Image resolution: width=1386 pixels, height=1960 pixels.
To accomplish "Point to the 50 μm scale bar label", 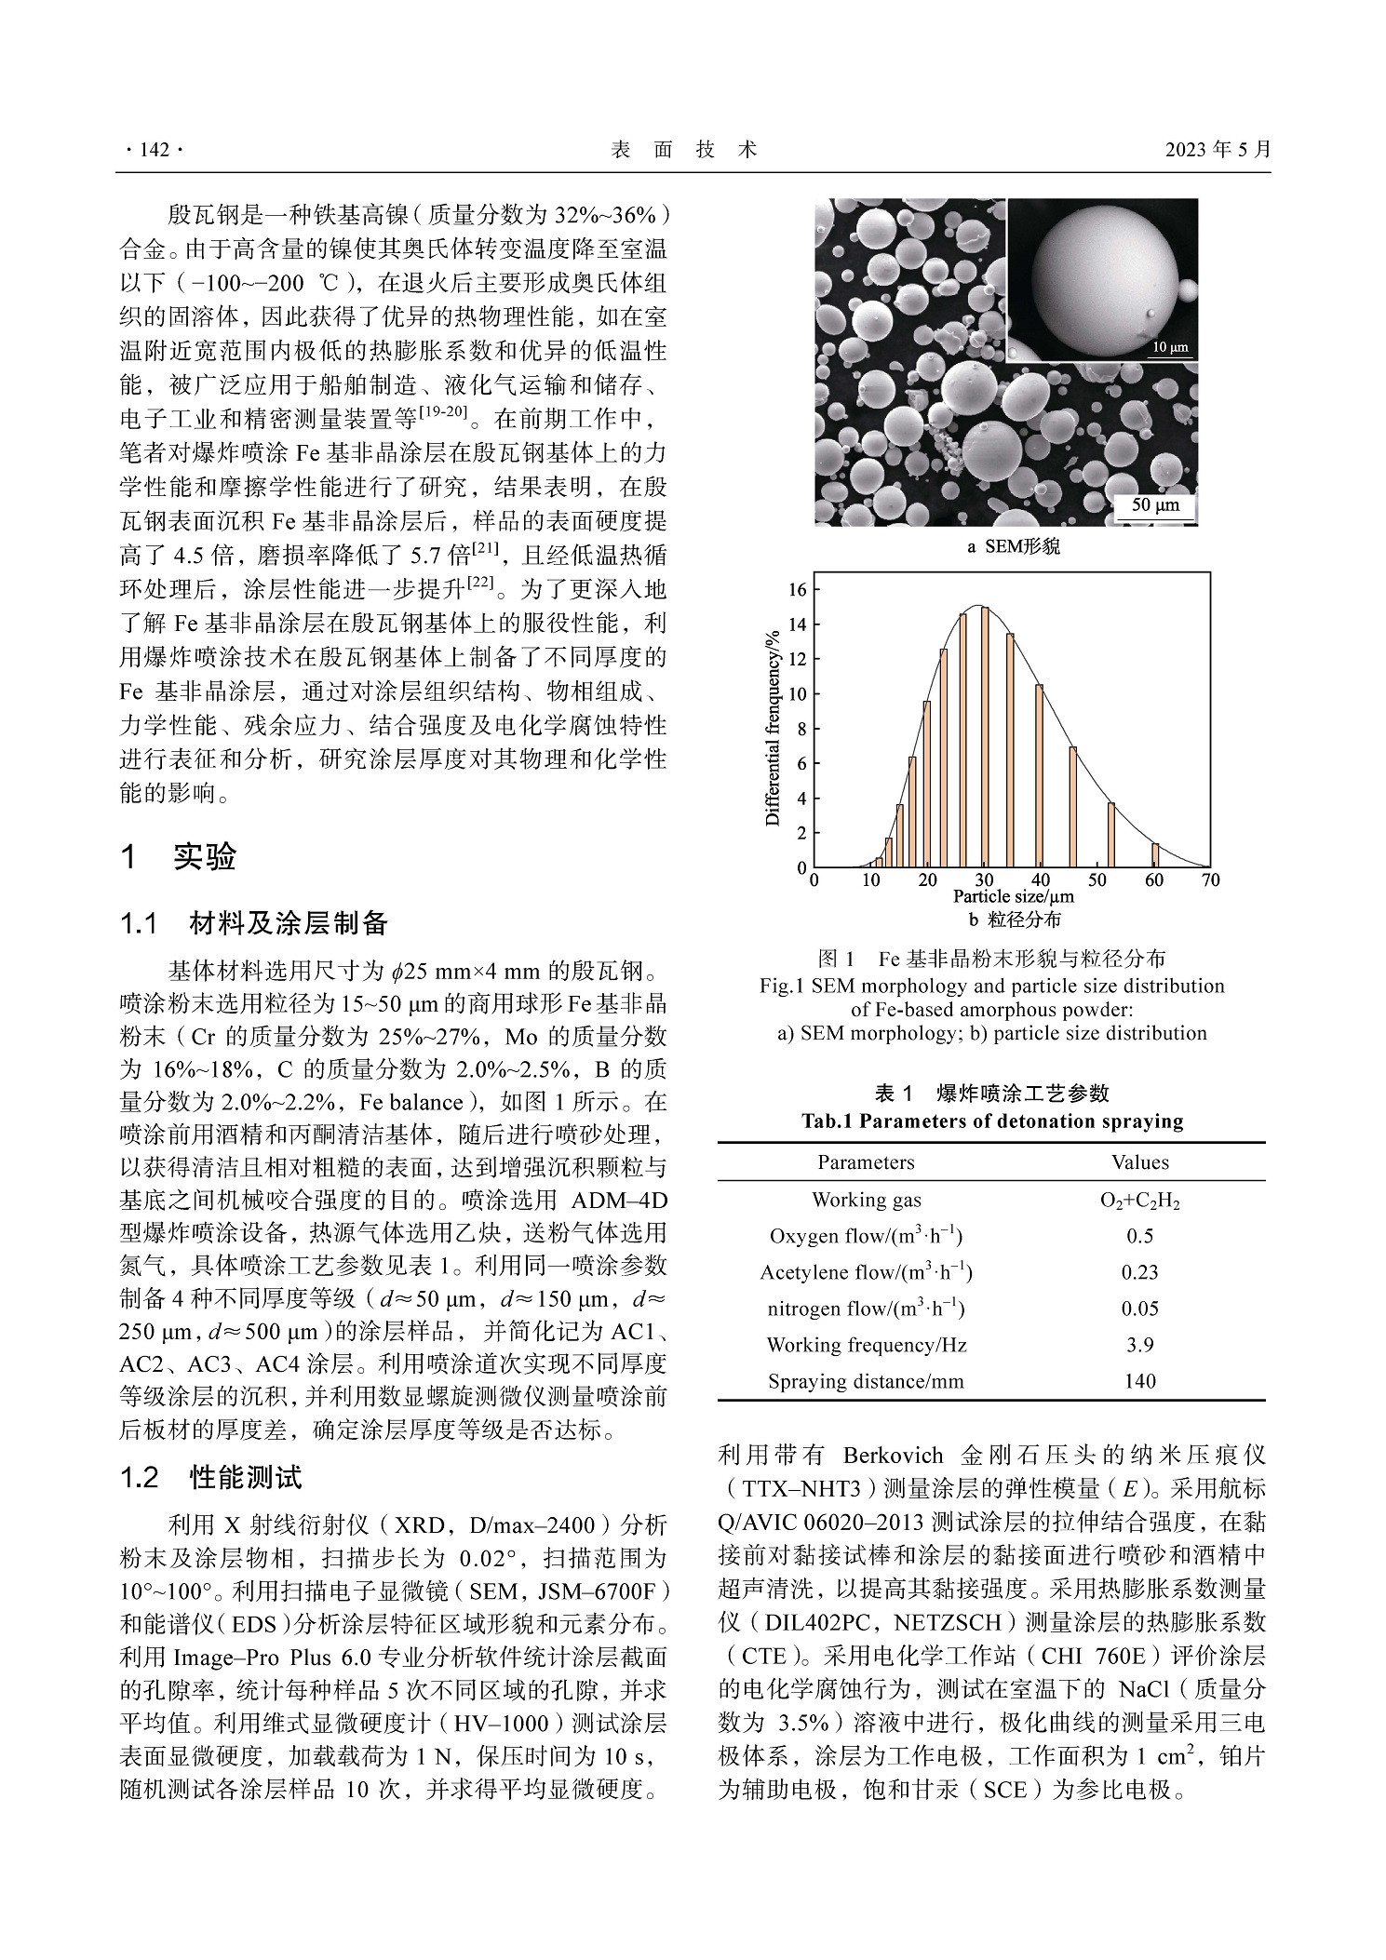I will click(x=1154, y=505).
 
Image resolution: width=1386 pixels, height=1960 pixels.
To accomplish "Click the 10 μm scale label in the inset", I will click(x=1170, y=348).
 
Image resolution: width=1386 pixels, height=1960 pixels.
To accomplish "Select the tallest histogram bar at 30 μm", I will click(x=984, y=737).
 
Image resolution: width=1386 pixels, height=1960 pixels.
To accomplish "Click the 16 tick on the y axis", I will click(x=798, y=589).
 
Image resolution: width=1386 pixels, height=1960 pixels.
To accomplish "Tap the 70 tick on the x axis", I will click(x=1210, y=880).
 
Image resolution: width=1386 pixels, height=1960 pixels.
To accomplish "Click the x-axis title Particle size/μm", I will click(x=1013, y=897).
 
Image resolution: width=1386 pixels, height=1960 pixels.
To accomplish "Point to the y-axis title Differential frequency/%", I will click(x=773, y=729).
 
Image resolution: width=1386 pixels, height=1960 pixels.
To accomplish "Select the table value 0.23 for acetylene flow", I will click(x=1139, y=1272).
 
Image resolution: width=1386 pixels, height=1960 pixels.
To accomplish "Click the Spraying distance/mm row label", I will click(x=866, y=1381).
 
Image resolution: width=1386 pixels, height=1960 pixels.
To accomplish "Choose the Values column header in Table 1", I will click(x=1139, y=1162).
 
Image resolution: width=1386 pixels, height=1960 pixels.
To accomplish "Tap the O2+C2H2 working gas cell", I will click(x=1139, y=1201).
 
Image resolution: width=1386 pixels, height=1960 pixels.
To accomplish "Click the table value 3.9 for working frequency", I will click(x=1139, y=1345).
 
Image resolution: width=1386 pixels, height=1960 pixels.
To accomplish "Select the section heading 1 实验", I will click(x=179, y=856).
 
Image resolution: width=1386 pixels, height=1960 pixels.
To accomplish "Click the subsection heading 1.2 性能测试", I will click(x=211, y=1477).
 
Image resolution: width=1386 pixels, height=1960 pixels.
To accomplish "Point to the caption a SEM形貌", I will click(x=1013, y=547).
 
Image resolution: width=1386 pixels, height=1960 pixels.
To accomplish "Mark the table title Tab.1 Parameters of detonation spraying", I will click(x=992, y=1121).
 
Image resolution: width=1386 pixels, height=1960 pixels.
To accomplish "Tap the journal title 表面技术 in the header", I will click(x=684, y=150).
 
